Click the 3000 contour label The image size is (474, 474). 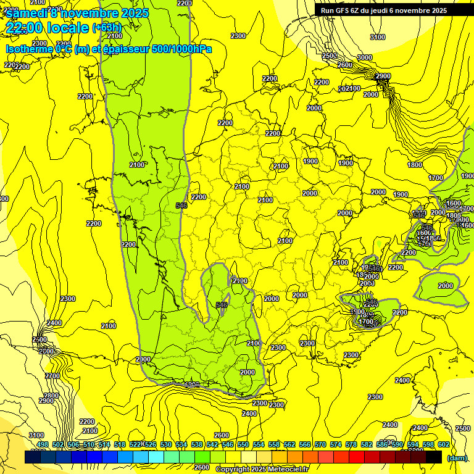[x=365, y=57]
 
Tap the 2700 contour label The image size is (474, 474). [x=52, y=375]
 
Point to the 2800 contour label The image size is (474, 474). [x=51, y=396]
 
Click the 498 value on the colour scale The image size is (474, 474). [x=43, y=444]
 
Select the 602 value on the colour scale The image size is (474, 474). [x=443, y=444]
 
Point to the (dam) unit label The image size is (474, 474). [x=457, y=458]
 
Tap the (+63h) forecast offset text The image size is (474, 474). [x=107, y=28]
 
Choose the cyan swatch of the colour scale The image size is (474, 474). [x=156, y=457]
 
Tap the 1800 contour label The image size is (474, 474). [x=415, y=165]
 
